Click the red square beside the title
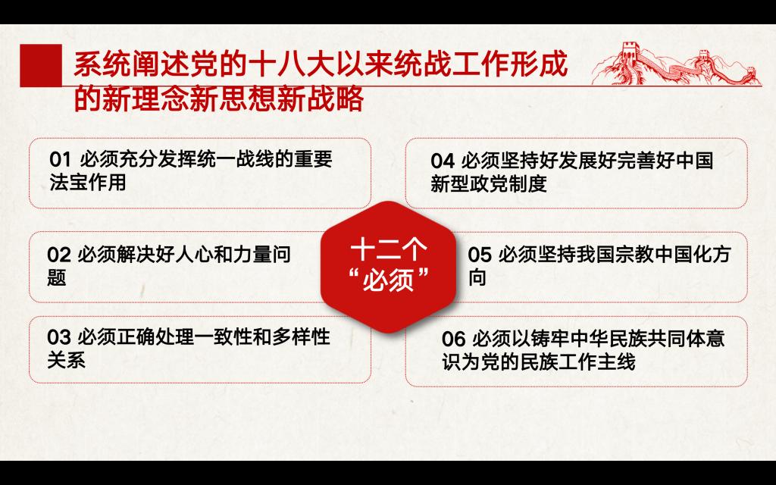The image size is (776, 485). pos(41,65)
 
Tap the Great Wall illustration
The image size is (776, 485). pos(676,64)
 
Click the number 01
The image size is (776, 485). pos(61,160)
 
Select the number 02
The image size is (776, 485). pos(59,255)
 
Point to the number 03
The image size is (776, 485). pos(59,337)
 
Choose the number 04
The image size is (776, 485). pos(443,161)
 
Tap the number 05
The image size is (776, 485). pos(480,255)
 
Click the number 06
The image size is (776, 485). pos(453,339)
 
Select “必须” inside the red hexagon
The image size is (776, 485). pos(388,280)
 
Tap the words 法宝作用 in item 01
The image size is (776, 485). pos(88,182)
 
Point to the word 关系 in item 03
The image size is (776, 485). pos(67,360)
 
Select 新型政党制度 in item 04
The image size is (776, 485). pos(489,183)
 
